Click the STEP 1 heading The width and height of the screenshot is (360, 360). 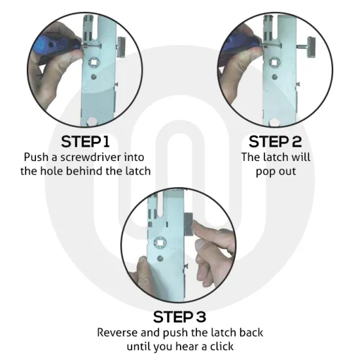click(85, 141)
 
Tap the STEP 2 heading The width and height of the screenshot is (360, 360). click(275, 141)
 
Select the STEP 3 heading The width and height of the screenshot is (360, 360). click(179, 317)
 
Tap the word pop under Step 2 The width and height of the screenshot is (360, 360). click(264, 172)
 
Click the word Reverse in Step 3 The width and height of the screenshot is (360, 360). click(117, 333)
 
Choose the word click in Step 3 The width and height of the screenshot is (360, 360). click(222, 346)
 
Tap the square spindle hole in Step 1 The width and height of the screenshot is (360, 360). click(94, 62)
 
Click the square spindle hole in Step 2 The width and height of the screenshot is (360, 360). click(274, 62)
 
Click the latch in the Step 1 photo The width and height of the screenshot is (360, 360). click(121, 47)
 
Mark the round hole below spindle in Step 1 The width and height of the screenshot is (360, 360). click(94, 77)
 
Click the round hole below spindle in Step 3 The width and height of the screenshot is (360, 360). click(160, 259)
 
